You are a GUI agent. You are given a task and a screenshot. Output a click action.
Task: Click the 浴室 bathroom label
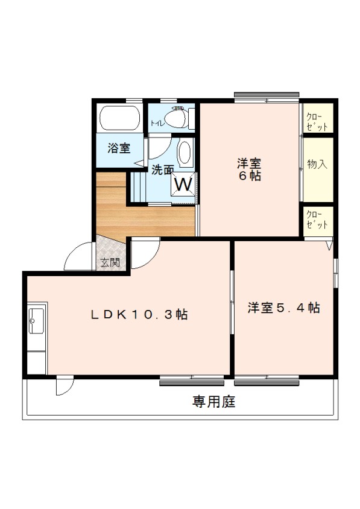click(x=119, y=148)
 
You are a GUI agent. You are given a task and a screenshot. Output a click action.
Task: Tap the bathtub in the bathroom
click(x=119, y=118)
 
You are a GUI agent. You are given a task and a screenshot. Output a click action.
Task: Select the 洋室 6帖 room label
click(x=248, y=169)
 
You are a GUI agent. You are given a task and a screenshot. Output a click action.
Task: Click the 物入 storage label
click(x=317, y=164)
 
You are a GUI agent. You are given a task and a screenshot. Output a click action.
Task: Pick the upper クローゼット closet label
click(x=317, y=121)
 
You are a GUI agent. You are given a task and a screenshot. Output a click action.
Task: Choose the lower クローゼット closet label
click(x=317, y=220)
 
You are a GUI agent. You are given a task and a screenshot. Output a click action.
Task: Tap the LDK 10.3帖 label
click(x=139, y=314)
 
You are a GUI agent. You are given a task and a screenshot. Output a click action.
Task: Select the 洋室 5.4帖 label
click(x=283, y=308)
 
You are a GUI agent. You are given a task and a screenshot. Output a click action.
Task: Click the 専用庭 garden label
click(x=213, y=401)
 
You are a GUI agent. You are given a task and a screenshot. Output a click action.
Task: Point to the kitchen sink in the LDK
click(x=36, y=318)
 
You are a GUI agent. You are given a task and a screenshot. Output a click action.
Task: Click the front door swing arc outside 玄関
click(x=78, y=256)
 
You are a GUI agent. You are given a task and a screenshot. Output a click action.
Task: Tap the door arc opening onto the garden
click(x=64, y=386)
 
